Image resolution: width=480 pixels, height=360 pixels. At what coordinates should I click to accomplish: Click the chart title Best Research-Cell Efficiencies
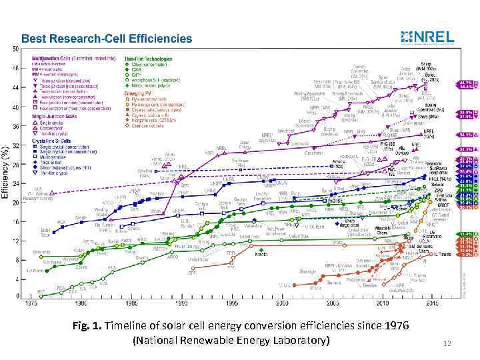point(107,39)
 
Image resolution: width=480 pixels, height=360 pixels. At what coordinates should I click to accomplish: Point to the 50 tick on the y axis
point(15,49)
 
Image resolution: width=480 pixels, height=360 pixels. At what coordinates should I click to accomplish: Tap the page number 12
point(448,343)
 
